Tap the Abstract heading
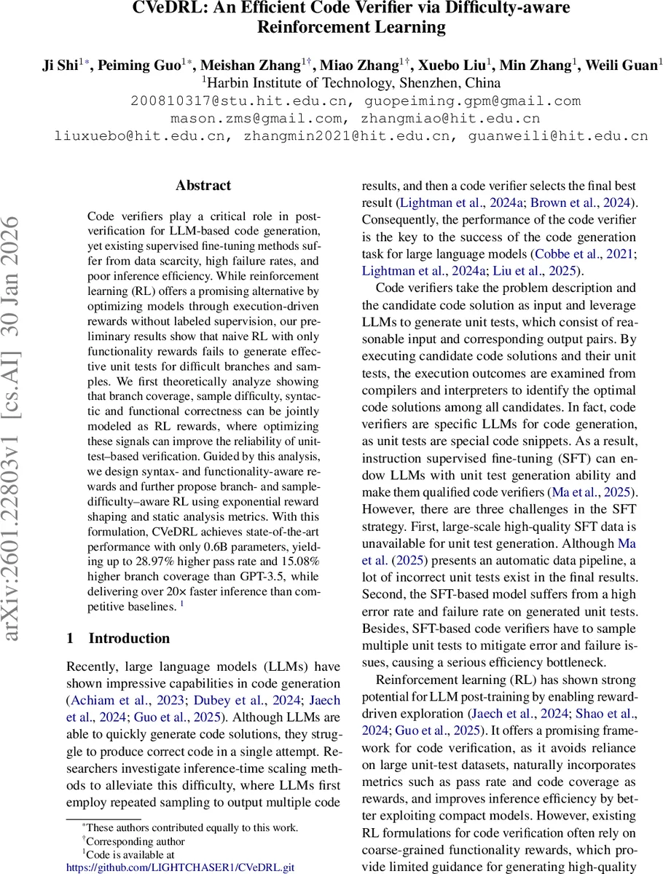pyautogui.click(x=203, y=186)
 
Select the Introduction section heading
pyautogui.click(x=128, y=638)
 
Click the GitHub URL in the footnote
pyautogui.click(x=181, y=868)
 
